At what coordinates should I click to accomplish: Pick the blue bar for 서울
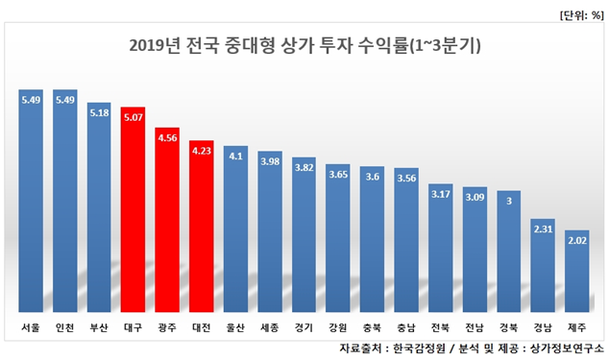(x=31, y=201)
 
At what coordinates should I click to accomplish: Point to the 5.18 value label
(x=99, y=113)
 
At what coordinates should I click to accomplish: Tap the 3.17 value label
(x=441, y=195)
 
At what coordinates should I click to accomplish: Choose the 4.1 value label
(x=235, y=156)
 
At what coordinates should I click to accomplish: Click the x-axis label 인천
(x=65, y=327)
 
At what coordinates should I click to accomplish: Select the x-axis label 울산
(x=235, y=327)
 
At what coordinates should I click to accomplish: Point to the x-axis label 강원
(x=338, y=327)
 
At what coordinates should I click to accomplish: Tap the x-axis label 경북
(x=509, y=327)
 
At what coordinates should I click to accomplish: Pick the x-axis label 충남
(x=406, y=327)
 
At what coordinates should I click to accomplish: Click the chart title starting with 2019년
(x=304, y=45)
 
